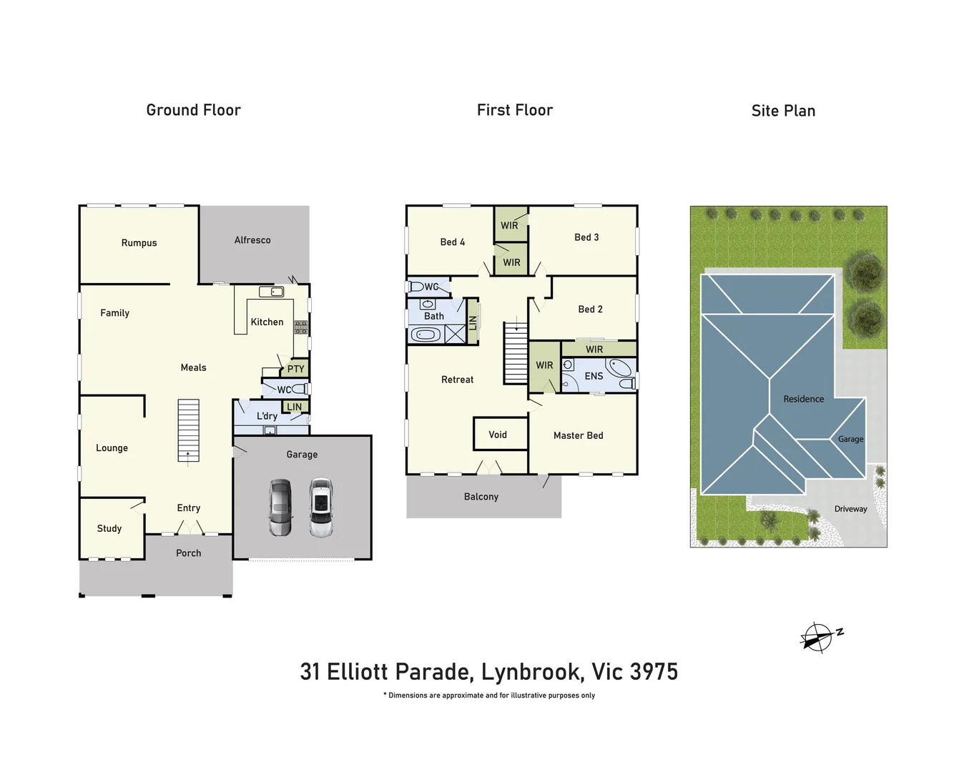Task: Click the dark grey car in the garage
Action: [280, 508]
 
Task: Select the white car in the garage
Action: [321, 508]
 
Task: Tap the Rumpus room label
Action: [139, 243]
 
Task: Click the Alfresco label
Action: [252, 240]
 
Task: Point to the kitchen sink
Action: [271, 292]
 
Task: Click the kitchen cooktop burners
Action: [301, 327]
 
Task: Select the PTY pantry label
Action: [295, 369]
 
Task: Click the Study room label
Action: [109, 528]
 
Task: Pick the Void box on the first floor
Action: [498, 435]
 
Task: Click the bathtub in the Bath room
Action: [426, 335]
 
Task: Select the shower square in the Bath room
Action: [456, 334]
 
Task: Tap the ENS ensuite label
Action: [594, 376]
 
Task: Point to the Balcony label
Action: [481, 497]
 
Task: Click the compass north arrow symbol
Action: [817, 637]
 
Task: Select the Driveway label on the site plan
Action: [850, 509]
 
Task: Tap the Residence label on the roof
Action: [803, 399]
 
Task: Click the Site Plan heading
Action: [783, 111]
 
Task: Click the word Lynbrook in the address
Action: [531, 672]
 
